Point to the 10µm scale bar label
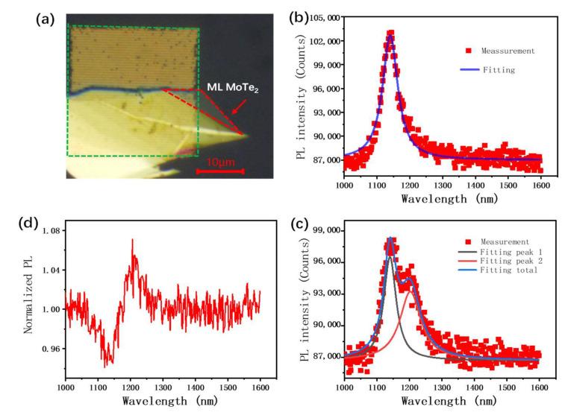[x=220, y=162]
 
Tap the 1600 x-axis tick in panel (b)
[x=540, y=184]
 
